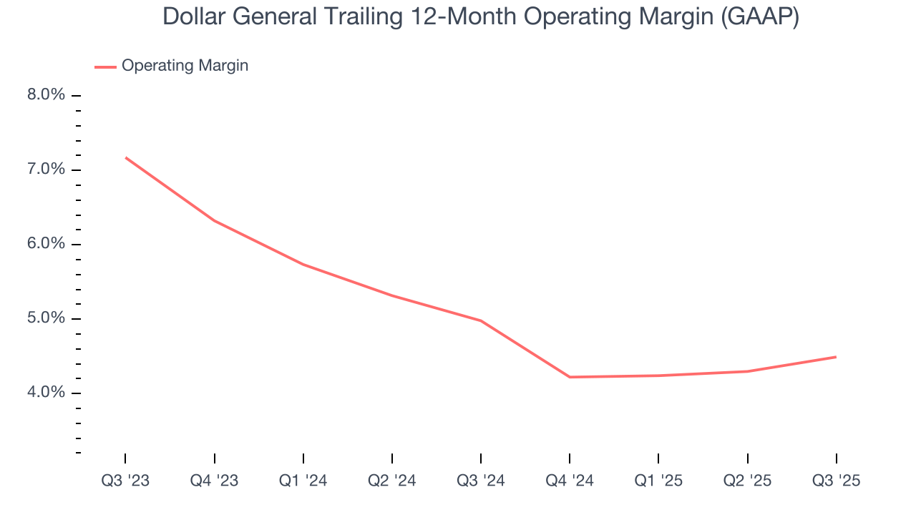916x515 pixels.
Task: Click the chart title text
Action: tap(481, 16)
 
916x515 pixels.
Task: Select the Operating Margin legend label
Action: tap(185, 66)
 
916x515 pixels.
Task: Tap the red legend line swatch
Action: tap(105, 67)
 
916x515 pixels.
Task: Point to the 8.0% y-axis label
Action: tap(47, 95)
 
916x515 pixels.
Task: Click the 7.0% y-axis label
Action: tap(47, 170)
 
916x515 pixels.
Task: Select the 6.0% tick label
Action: tap(47, 244)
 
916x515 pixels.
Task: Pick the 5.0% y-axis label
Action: tap(47, 318)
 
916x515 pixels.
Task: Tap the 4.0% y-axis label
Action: tap(47, 393)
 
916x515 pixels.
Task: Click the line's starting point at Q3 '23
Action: tap(126, 157)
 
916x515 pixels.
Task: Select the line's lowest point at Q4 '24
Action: tap(570, 377)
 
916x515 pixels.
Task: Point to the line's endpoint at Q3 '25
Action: tap(836, 357)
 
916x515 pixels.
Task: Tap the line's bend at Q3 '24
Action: tap(481, 320)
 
